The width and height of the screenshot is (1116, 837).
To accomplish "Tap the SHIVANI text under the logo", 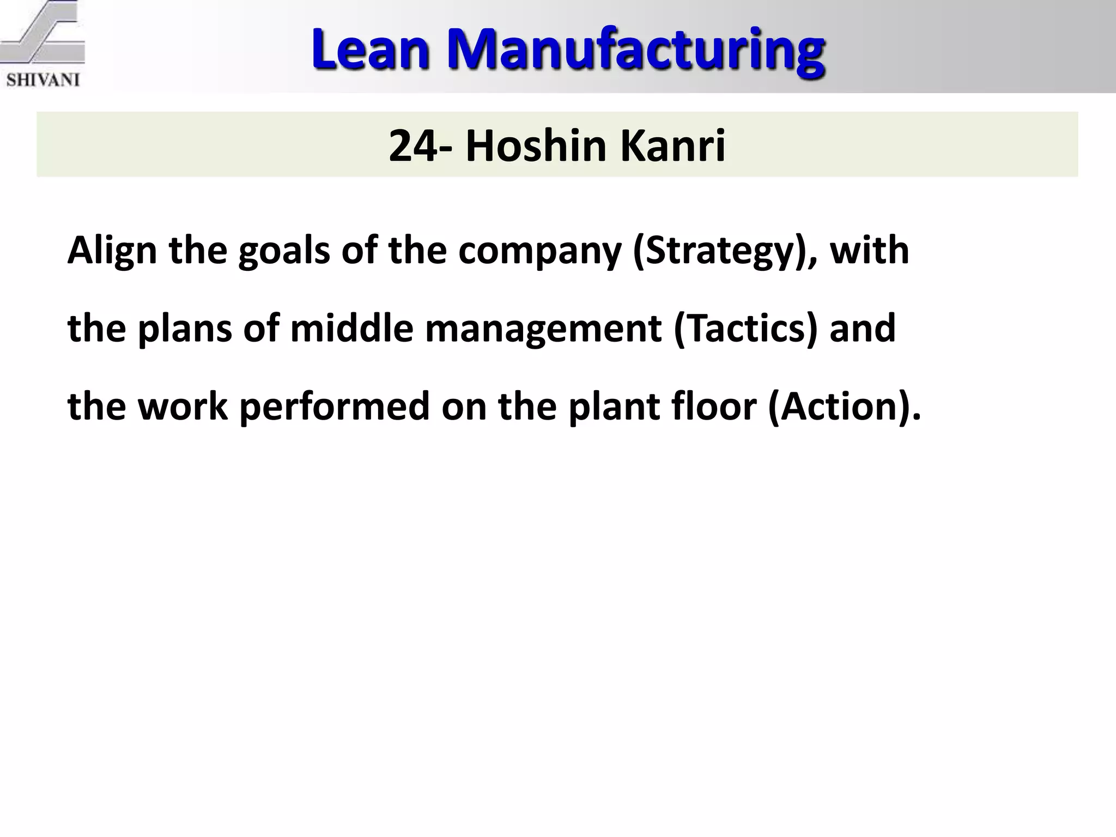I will pos(43,80).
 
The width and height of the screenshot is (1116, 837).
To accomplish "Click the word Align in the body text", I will pos(112,252).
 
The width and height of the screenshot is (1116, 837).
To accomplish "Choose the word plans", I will pos(185,330).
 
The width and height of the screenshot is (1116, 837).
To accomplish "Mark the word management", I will pos(543,330).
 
